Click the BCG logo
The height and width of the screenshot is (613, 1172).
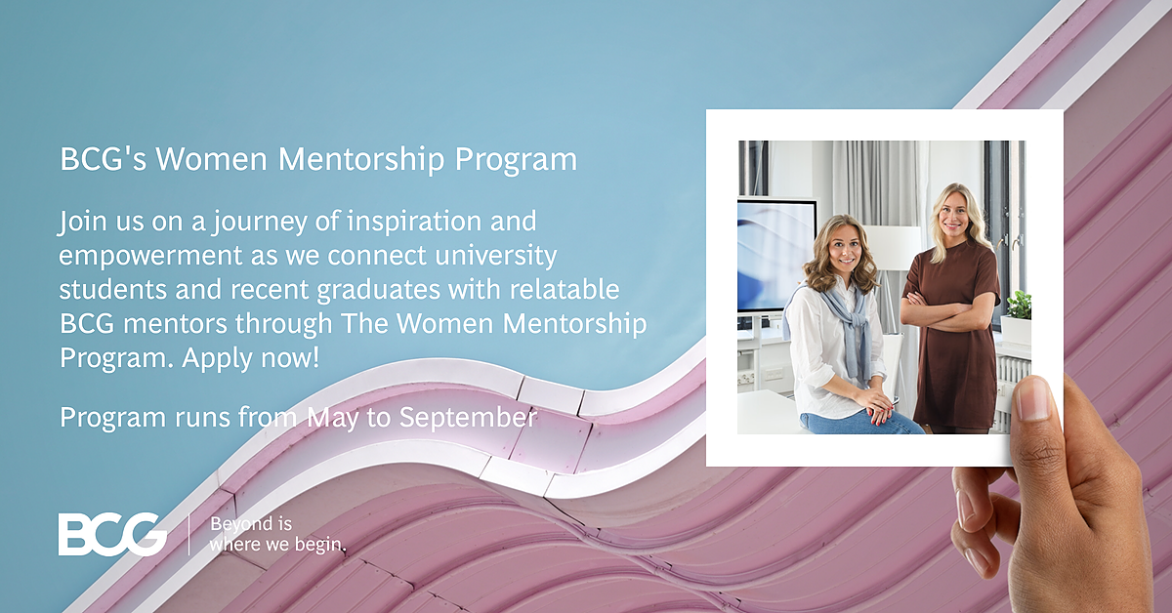pyautogui.click(x=112, y=534)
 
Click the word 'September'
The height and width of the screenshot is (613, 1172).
pyautogui.click(x=468, y=418)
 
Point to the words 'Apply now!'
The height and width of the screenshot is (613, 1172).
pyautogui.click(x=250, y=358)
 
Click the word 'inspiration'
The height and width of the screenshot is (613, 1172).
pyautogui.click(x=414, y=222)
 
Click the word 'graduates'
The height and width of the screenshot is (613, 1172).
pyautogui.click(x=378, y=290)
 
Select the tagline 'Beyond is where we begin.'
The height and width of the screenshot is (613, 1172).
pyautogui.click(x=277, y=534)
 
